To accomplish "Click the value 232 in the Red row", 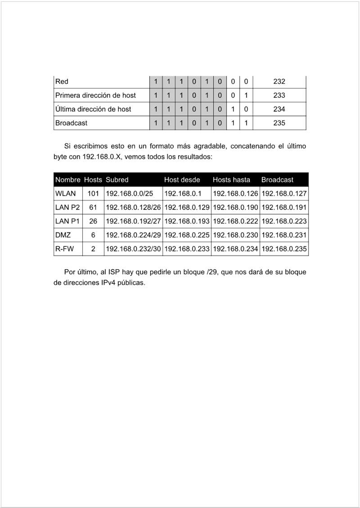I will (x=279, y=82).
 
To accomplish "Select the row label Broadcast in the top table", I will (x=71, y=123).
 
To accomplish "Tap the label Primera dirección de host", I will (x=95, y=95).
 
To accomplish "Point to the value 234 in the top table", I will (x=279, y=109).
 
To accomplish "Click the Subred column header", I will (x=117, y=180).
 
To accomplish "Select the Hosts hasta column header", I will (x=231, y=180).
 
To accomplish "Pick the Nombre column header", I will (x=67, y=180).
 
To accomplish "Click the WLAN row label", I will (x=65, y=194).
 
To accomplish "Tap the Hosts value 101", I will (x=93, y=194).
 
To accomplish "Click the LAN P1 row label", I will (x=67, y=221).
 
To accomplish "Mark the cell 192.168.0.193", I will (x=187, y=221).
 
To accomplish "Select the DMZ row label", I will (x=63, y=235).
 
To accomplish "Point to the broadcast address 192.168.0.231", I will (x=284, y=235).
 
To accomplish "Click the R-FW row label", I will (x=64, y=249).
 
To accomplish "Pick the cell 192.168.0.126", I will (x=235, y=194).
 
